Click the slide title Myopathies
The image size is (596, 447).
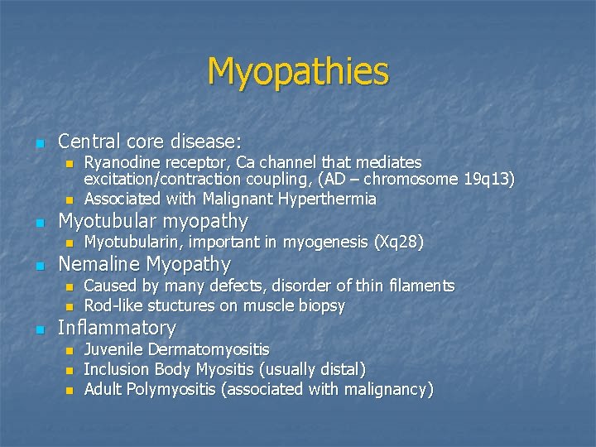coord(298,71)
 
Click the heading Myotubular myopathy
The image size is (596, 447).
coord(153,221)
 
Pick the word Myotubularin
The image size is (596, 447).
coord(133,243)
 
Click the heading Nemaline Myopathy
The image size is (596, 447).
coord(144,265)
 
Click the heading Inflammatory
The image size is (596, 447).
coord(117,328)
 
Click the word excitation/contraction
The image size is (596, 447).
coord(156,180)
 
